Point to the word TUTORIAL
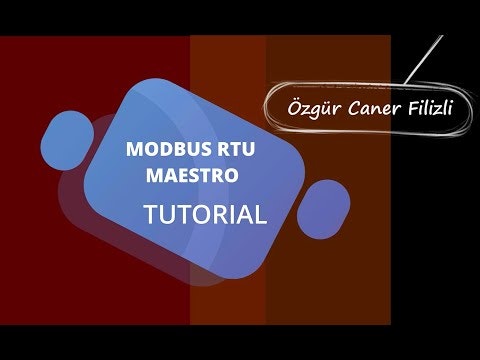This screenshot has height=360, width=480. (205, 214)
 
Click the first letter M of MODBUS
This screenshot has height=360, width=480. (133, 150)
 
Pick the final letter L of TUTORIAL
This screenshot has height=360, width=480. (262, 214)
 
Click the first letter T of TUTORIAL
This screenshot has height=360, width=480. (150, 214)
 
